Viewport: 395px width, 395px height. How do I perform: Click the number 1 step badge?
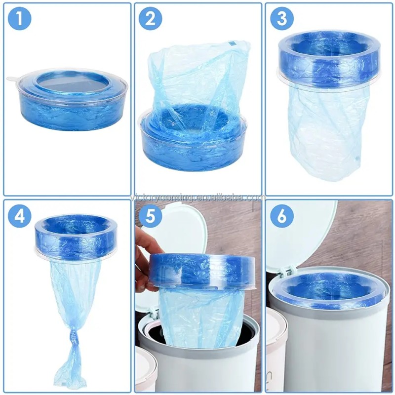[20, 19]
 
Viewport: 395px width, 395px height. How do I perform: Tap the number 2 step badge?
[151, 19]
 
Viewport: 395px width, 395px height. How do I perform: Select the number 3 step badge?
[282, 19]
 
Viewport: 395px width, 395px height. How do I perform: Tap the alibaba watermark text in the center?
[197, 198]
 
